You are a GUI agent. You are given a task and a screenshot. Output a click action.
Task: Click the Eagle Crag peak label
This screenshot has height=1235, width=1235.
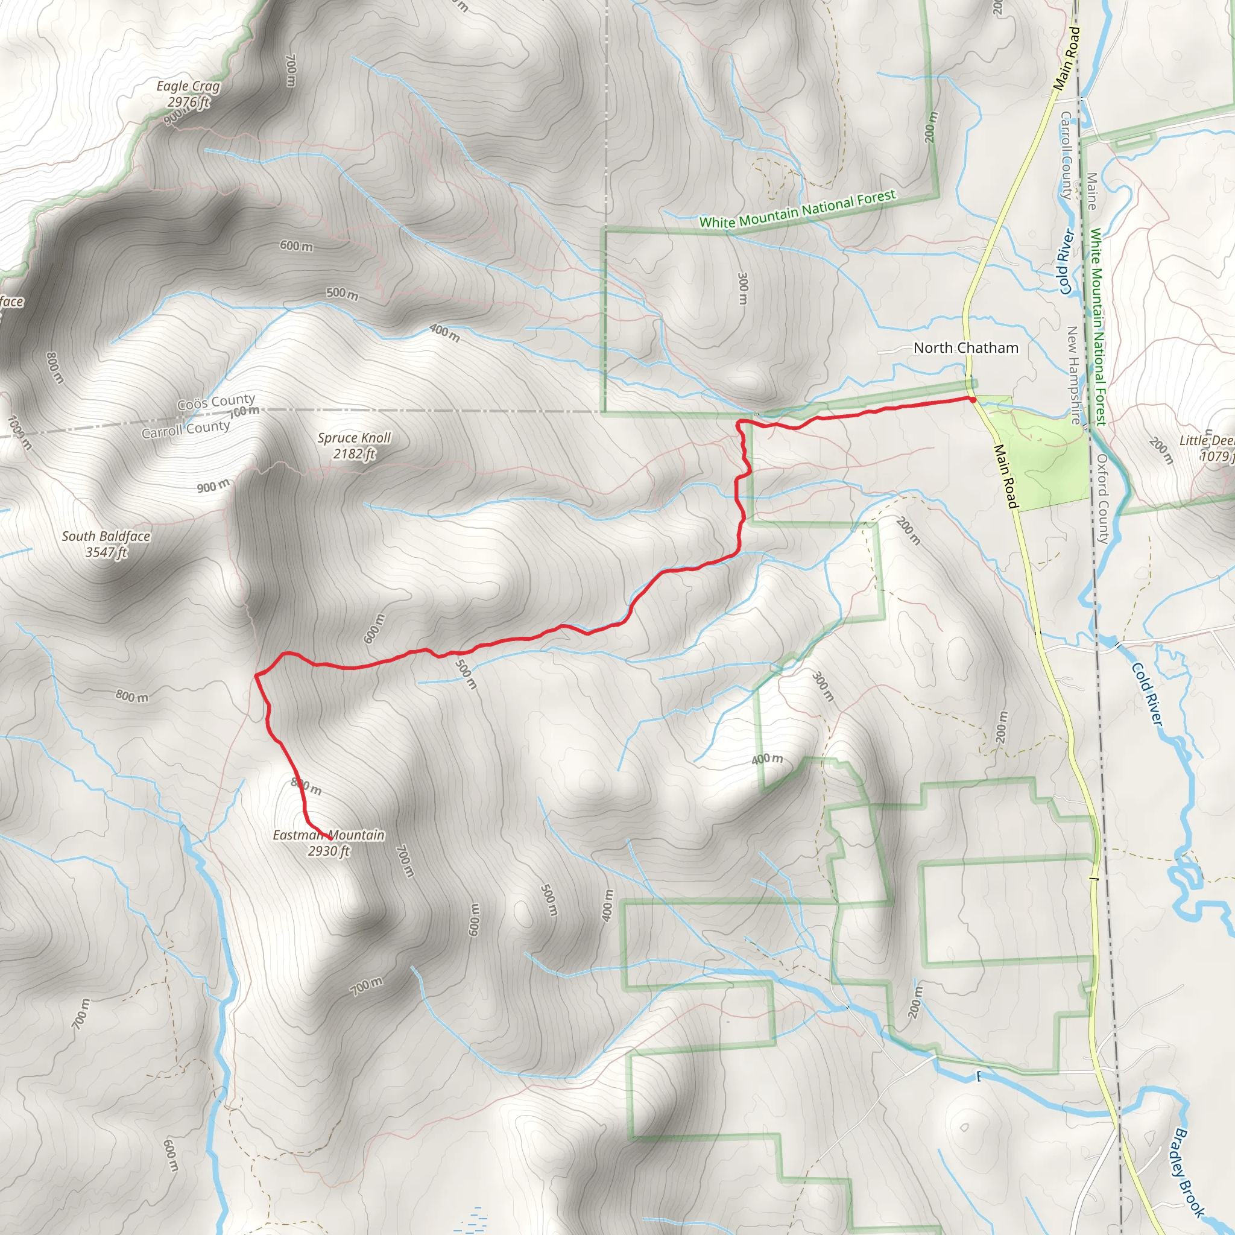click(188, 86)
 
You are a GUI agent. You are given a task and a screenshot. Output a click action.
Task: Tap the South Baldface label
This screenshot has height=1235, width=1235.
click(106, 536)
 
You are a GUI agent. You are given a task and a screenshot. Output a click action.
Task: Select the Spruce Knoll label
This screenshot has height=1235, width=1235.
click(354, 438)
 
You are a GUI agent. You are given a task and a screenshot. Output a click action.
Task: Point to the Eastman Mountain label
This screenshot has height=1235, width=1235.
click(329, 835)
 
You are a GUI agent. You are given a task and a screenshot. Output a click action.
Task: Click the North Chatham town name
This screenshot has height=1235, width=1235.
click(966, 348)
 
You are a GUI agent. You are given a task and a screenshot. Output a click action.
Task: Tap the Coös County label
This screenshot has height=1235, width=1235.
click(216, 402)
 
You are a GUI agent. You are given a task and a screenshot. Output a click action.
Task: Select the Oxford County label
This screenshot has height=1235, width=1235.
click(1103, 499)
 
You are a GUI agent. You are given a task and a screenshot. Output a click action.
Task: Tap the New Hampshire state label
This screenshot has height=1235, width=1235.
click(1074, 375)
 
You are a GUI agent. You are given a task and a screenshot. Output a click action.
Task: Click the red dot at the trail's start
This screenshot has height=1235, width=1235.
click(972, 400)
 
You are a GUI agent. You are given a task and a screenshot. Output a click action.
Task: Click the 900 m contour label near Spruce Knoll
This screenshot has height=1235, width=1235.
click(213, 486)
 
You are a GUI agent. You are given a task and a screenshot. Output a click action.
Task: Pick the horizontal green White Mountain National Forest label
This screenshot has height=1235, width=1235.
click(798, 210)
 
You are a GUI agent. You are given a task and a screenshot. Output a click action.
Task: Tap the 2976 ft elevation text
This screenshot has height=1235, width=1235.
click(189, 103)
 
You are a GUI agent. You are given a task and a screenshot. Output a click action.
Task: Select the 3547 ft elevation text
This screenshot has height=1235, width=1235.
click(107, 552)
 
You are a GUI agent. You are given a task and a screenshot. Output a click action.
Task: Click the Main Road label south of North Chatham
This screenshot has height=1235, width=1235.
click(1005, 476)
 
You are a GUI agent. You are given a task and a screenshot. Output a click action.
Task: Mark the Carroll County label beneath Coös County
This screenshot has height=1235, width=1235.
click(185, 429)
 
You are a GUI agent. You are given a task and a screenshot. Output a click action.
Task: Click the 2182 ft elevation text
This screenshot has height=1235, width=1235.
click(354, 454)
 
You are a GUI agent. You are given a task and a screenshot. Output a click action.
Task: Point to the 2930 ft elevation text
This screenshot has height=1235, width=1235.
click(329, 851)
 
